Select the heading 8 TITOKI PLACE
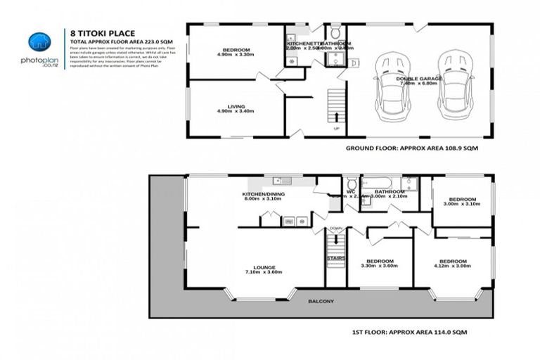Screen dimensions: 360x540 98,32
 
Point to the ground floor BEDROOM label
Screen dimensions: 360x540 233,51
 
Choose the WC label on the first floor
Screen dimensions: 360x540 349,191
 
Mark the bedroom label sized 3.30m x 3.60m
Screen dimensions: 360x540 379,264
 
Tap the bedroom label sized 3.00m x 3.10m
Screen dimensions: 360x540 462,200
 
